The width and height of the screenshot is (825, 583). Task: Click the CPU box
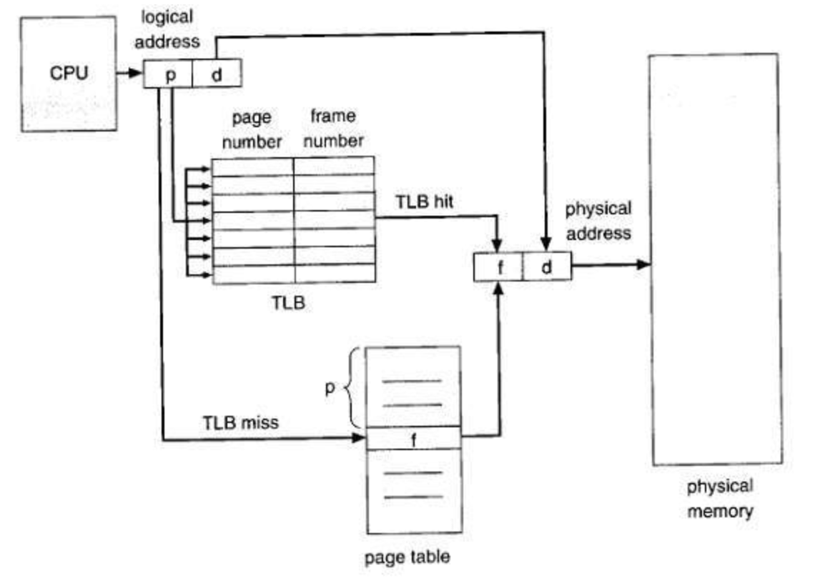(x=69, y=74)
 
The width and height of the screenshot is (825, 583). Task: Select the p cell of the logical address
(x=169, y=74)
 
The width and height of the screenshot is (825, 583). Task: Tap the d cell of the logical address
(x=217, y=74)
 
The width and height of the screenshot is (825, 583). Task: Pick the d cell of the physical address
(x=546, y=267)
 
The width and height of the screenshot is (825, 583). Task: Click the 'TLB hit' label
(x=425, y=201)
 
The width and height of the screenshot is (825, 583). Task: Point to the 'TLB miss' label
(x=241, y=422)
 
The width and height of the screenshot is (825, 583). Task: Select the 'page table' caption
(x=407, y=556)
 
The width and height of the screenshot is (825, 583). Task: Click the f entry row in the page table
(x=414, y=438)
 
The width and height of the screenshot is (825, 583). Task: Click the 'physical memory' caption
(x=719, y=499)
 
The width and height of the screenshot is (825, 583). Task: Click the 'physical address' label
(x=598, y=221)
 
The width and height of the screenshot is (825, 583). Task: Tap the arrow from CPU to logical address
(x=130, y=73)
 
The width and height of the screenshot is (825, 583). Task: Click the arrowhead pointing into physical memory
(x=644, y=264)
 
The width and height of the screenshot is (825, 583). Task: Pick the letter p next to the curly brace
(x=330, y=391)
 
